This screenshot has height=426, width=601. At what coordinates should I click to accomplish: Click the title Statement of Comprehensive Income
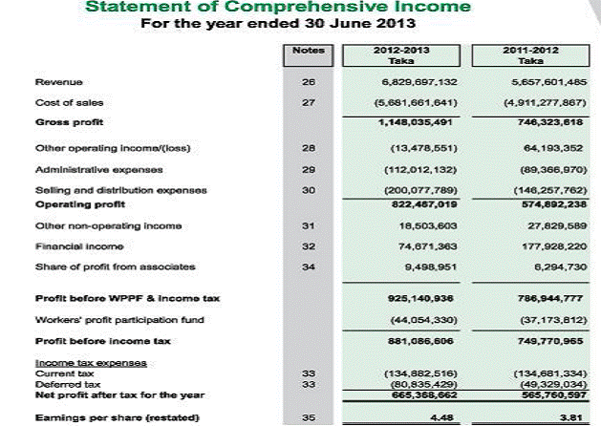tap(278, 8)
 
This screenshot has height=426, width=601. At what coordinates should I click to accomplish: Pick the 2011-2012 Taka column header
tap(535, 54)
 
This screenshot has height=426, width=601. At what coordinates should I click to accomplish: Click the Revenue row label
tap(53, 83)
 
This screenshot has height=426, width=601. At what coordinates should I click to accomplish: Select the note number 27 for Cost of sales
tap(308, 102)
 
